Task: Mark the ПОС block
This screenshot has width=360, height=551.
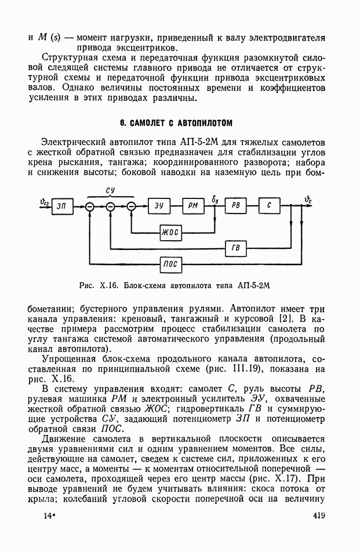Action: (170, 264)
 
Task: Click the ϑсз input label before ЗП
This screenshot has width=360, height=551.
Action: (44, 201)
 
